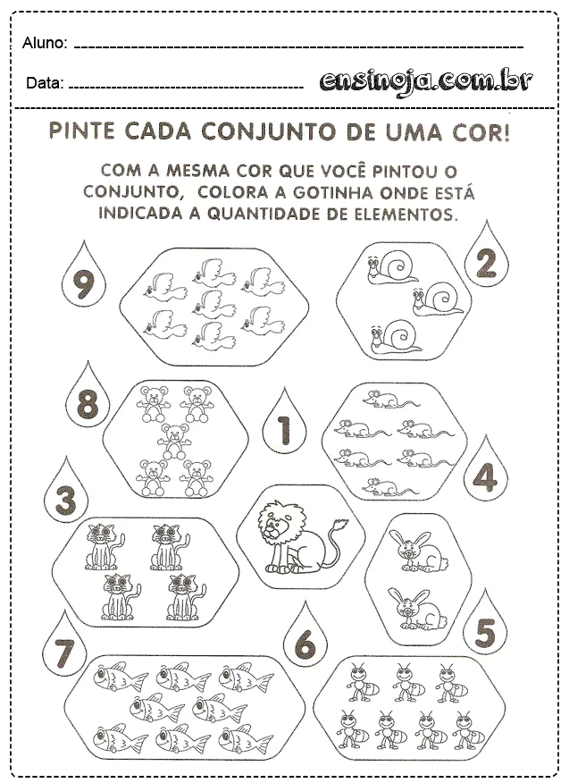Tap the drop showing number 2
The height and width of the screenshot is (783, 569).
[x=486, y=263]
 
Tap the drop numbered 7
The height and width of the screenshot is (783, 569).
[x=62, y=653]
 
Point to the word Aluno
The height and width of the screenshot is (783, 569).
[x=45, y=43]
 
